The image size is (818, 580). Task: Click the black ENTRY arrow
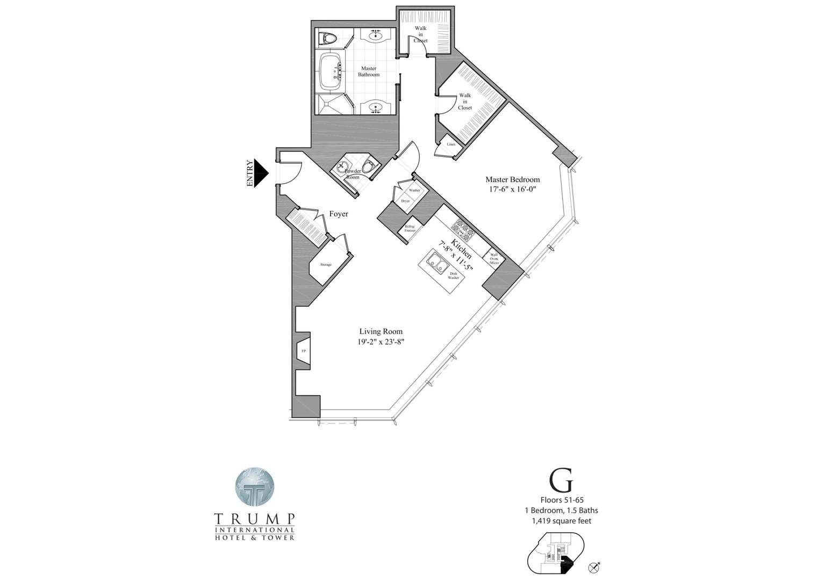[260, 173]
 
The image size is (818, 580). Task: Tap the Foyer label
[339, 214]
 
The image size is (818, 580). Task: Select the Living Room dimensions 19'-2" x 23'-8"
[381, 342]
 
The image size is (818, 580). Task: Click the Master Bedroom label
[512, 179]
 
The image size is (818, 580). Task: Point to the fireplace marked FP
[304, 351]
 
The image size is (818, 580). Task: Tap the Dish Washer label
[454, 276]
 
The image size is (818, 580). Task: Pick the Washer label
[414, 190]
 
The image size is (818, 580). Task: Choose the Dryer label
[405, 201]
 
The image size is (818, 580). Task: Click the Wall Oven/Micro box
[494, 259]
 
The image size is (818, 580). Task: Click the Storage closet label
[326, 265]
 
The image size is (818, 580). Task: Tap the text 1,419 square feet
[562, 520]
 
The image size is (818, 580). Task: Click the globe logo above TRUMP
[254, 488]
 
